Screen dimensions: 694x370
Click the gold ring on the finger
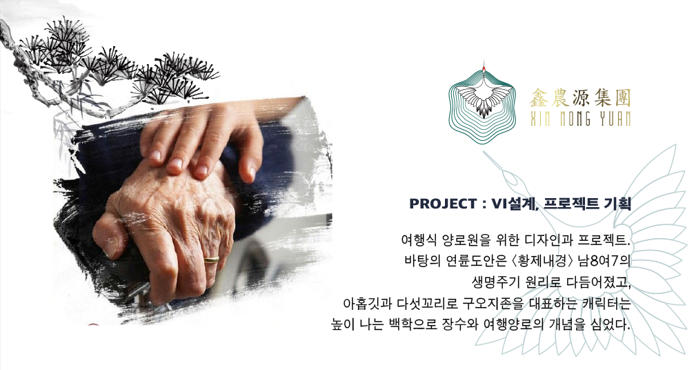click(x=211, y=259)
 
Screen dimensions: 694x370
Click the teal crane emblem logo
click(x=483, y=103)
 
